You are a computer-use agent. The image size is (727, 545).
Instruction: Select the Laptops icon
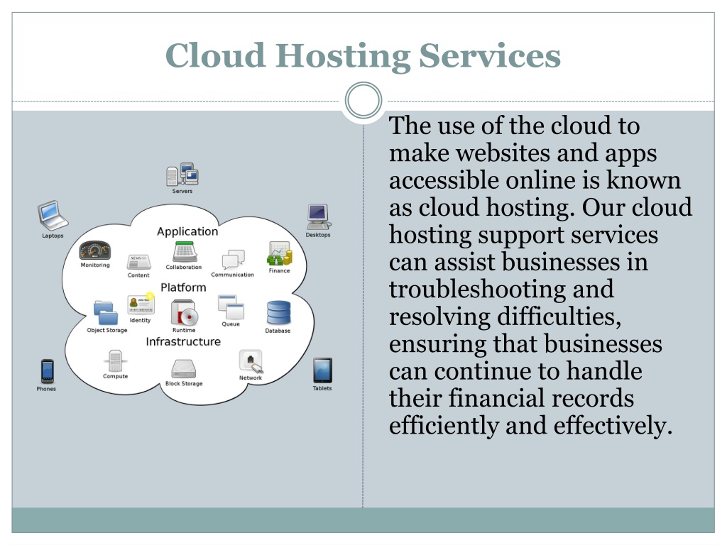click(53, 215)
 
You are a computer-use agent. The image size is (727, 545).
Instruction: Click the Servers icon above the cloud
click(182, 175)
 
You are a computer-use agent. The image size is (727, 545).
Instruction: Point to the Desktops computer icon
click(319, 217)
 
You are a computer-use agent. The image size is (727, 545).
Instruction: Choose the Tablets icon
click(322, 370)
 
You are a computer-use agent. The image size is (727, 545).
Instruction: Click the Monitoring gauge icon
click(95, 251)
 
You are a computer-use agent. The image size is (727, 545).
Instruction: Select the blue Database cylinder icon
click(278, 313)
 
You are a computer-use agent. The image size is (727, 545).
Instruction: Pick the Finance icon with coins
click(279, 253)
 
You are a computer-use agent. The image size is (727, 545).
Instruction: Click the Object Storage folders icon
click(106, 313)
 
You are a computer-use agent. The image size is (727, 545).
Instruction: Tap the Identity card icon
click(141, 304)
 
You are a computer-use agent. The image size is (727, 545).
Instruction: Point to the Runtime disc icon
click(184, 312)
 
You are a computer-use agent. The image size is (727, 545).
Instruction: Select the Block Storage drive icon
click(184, 369)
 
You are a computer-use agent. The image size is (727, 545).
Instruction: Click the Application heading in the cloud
click(187, 232)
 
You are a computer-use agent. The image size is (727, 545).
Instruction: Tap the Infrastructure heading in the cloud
click(183, 341)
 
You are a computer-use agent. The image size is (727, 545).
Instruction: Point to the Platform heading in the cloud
click(183, 287)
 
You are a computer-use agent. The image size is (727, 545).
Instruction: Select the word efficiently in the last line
click(444, 426)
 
